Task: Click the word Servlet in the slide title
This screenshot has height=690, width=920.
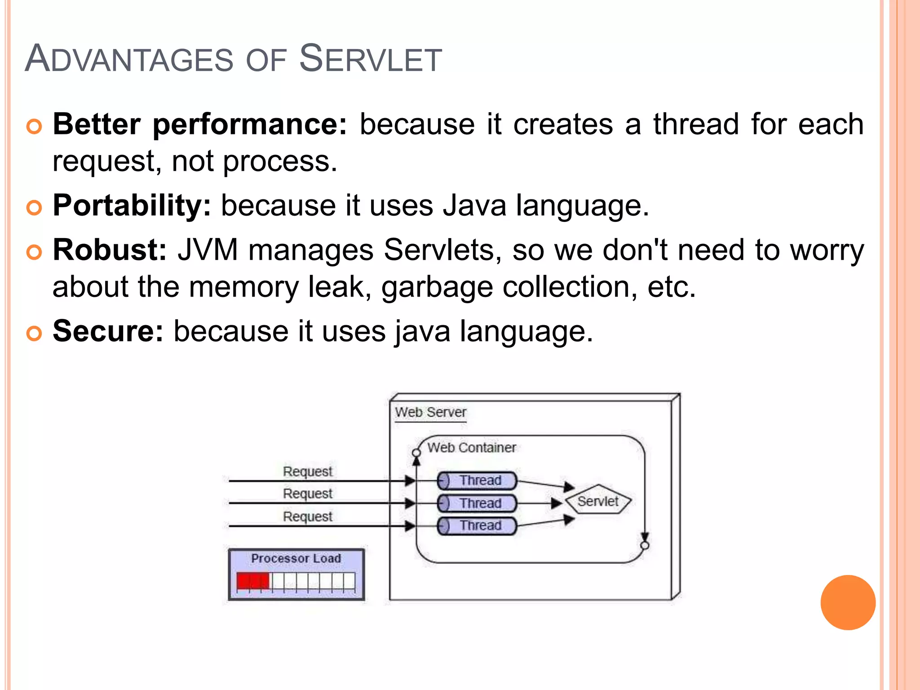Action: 370,59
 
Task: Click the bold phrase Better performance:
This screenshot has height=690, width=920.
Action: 200,124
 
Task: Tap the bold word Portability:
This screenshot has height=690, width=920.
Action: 132,206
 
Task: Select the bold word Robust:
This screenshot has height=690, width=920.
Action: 110,250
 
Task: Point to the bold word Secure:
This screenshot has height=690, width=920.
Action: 108,332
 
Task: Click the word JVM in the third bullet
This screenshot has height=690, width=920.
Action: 207,250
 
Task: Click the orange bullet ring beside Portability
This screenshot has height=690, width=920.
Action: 34,208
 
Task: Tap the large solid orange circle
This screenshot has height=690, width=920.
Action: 848,602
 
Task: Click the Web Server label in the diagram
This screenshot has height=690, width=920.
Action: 430,412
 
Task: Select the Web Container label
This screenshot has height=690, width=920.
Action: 471,448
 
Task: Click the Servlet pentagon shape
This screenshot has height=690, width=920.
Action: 598,500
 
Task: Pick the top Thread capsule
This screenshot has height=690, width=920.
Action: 477,481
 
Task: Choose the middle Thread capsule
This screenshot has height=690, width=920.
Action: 477,503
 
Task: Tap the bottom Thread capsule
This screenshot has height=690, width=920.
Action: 477,526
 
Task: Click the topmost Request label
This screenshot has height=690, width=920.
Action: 307,471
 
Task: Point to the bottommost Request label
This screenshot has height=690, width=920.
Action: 307,516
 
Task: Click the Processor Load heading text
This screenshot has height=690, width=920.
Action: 296,558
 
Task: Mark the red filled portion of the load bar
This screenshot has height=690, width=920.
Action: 252,581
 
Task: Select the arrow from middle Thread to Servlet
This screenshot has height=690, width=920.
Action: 539,503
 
